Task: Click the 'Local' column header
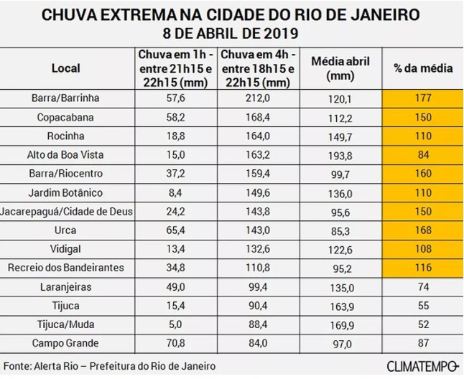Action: [66, 69]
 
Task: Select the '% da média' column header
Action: [423, 69]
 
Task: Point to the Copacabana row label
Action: [66, 116]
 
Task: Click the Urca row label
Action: [66, 230]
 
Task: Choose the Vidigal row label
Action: [66, 248]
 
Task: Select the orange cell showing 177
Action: [423, 97]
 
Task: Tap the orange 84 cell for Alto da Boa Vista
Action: [423, 154]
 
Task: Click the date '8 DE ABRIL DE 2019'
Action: [231, 34]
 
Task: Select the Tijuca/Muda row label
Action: [66, 324]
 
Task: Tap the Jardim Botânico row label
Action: [66, 192]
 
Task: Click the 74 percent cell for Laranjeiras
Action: [423, 286]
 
